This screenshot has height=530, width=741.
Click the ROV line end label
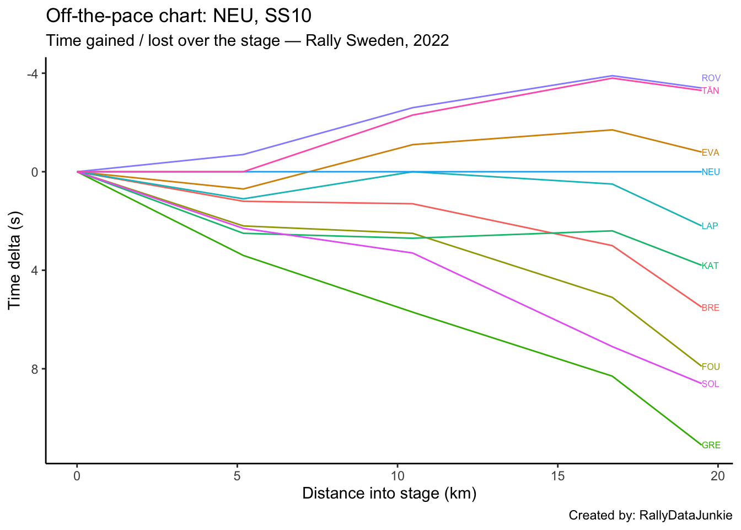tap(711, 78)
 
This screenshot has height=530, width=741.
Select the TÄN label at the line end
tap(710, 91)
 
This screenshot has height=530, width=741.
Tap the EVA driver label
tap(710, 153)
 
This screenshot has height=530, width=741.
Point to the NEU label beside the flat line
tap(711, 172)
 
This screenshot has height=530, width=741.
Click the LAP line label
tap(710, 226)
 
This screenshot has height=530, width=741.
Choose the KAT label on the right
tap(710, 266)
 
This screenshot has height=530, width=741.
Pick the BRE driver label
tap(710, 308)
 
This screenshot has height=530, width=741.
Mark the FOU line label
tap(711, 367)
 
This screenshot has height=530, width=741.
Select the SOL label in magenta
tap(710, 384)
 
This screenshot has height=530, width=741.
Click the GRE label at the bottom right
tap(711, 446)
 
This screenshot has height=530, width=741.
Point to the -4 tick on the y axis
tap(33, 74)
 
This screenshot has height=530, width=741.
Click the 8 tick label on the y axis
tap(35, 369)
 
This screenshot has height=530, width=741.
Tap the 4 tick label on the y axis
tap(35, 271)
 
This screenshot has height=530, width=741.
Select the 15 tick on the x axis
tap(557, 475)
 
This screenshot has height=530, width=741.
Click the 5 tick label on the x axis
tap(237, 475)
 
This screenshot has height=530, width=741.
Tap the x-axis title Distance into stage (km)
tap(389, 494)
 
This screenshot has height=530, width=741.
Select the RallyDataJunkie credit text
tap(685, 516)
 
